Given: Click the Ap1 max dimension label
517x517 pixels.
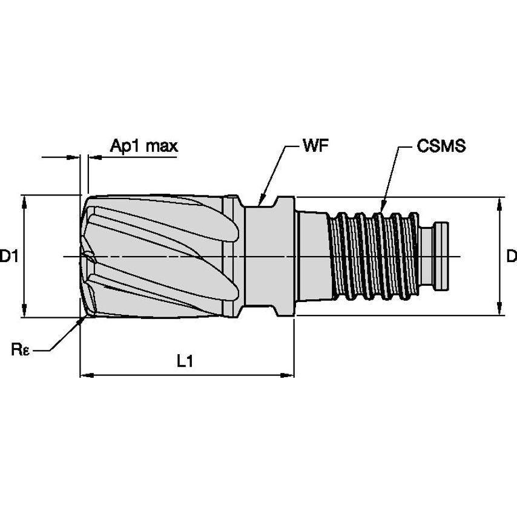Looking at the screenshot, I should coord(143,146).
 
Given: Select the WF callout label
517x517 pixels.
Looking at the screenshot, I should coord(315,146).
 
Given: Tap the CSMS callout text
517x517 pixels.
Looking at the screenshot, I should coord(441,146).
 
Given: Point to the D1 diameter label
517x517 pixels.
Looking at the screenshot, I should coord(8,257).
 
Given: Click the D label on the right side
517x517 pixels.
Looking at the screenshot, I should coord(511,257).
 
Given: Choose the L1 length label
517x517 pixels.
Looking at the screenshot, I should coord(185,361).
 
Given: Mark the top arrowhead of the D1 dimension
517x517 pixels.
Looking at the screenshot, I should coord(24,199).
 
